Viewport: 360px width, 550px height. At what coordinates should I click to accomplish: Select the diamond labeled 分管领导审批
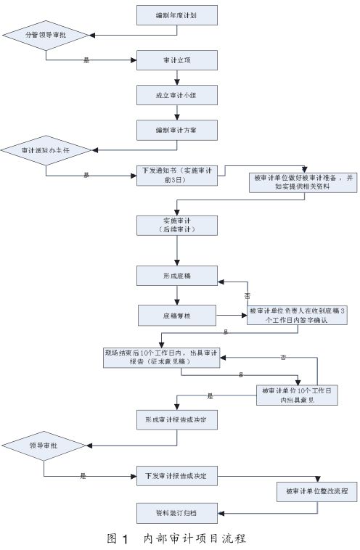tap(46, 34)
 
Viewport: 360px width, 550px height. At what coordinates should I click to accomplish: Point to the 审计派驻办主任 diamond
tap(46, 150)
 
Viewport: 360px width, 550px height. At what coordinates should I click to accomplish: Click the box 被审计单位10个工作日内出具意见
tap(298, 395)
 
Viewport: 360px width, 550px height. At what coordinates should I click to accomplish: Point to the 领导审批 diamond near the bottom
tap(43, 444)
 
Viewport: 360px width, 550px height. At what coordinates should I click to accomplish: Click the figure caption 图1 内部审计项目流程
tap(176, 538)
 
